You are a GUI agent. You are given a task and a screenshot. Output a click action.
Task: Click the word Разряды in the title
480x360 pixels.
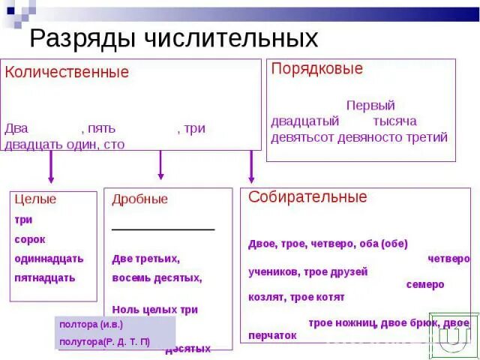[84, 38]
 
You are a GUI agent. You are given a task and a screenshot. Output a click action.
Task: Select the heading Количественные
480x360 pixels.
[67, 73]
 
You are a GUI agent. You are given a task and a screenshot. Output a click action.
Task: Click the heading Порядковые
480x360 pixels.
[316, 69]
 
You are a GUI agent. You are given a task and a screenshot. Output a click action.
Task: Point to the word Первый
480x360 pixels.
[370, 106]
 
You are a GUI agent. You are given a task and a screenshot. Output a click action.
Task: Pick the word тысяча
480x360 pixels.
[394, 121]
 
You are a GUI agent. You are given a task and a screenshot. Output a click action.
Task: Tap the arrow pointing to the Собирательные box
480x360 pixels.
[251, 167]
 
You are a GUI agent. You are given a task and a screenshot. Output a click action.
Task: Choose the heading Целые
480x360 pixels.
[35, 199]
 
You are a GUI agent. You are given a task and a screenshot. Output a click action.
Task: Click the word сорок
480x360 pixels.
[30, 239]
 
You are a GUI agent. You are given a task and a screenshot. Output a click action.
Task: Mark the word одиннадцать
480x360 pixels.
[49, 259]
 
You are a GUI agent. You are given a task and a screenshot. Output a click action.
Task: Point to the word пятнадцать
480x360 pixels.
[45, 277]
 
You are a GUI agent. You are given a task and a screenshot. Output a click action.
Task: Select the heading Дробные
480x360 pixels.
[139, 199]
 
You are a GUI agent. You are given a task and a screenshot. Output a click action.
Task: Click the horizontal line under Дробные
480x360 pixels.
[163, 229]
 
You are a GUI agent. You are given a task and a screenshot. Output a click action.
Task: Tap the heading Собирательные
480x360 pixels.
[307, 197]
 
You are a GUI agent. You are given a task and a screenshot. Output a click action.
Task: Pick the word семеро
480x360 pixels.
[425, 285]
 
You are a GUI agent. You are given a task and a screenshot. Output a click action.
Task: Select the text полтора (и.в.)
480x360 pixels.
[91, 325]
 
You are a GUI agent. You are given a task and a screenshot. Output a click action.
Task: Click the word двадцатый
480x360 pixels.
[305, 121]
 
